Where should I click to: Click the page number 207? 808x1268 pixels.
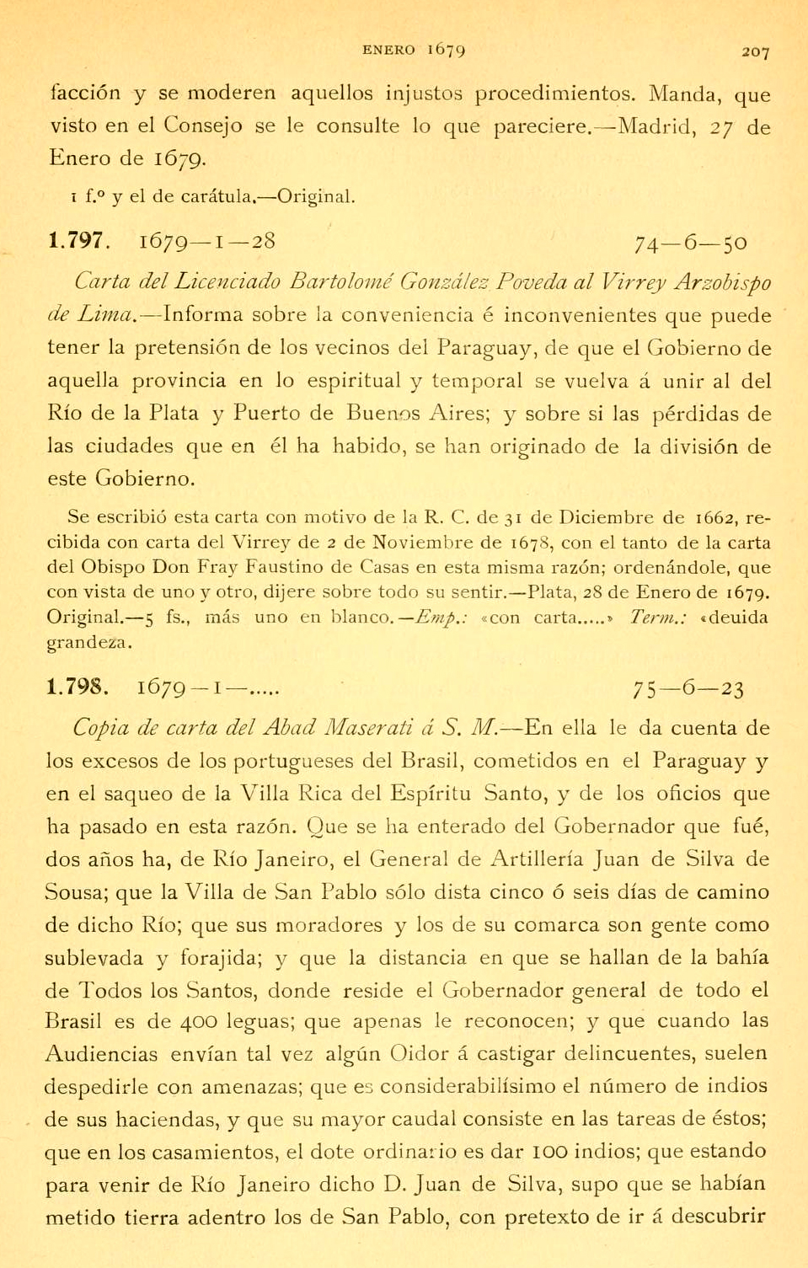pos(755,52)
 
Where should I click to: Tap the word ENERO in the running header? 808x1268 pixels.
pos(388,50)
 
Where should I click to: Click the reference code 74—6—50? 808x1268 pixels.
pos(690,243)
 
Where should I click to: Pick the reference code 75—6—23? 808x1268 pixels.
pos(688,690)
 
